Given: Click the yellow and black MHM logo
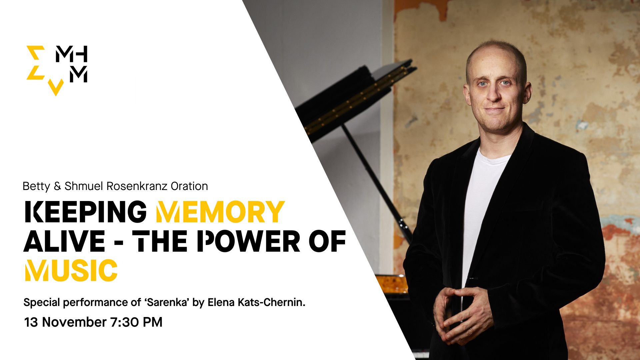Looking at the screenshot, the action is (57, 70).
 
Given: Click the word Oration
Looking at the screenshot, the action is (189, 186).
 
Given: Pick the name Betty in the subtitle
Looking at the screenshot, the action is (36, 186).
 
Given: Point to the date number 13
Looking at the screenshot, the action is (31, 322).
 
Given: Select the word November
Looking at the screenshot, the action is (74, 322).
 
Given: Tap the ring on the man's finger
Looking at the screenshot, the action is (471, 330).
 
